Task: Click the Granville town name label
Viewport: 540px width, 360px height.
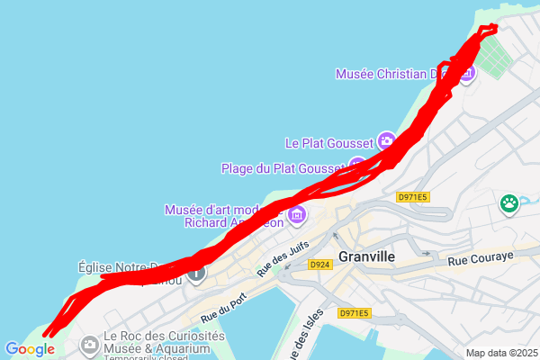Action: point(366,256)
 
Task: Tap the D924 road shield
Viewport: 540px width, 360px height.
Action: point(319,265)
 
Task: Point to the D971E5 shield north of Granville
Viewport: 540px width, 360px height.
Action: point(411,197)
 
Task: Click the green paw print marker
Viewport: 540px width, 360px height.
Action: point(510,203)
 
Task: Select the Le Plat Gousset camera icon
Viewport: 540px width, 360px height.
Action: point(386,140)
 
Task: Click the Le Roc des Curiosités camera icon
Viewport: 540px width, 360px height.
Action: point(89,343)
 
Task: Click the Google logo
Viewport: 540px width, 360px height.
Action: point(29,349)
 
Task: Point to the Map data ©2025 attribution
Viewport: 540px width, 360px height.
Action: point(499,353)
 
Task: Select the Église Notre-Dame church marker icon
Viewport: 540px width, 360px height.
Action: point(196,271)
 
